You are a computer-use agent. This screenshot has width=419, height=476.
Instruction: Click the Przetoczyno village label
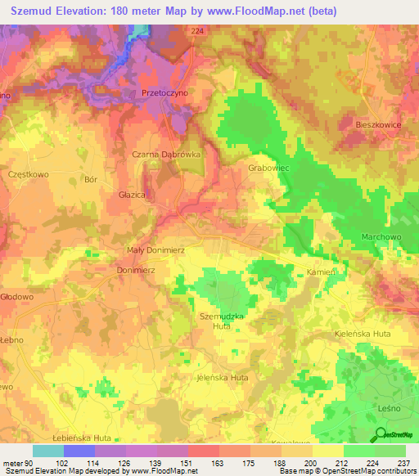[165, 93]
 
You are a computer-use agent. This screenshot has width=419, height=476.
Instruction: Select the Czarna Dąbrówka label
[166, 153]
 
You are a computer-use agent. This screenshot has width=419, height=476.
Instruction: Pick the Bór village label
[91, 178]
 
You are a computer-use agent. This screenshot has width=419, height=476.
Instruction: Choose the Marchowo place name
[380, 237]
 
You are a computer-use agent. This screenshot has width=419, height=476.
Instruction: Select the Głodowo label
[16, 298]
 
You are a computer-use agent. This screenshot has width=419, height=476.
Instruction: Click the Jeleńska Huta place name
[223, 378]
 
